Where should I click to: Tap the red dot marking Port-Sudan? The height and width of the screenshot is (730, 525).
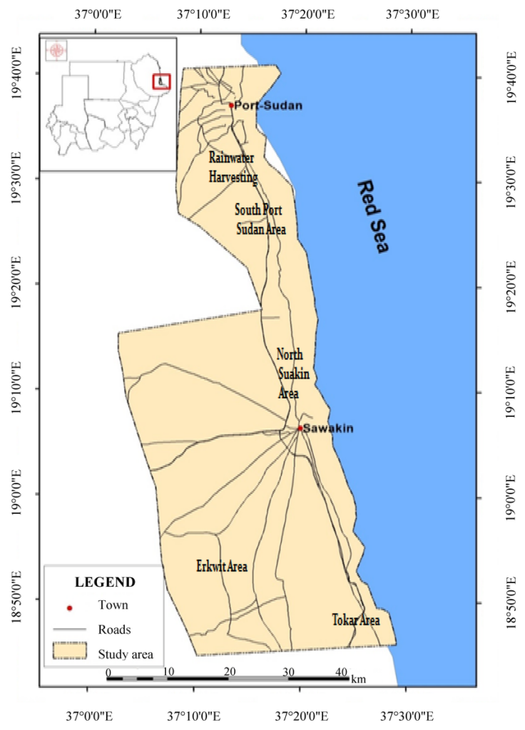[x=231, y=106]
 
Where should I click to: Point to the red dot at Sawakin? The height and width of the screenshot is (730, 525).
[x=300, y=428]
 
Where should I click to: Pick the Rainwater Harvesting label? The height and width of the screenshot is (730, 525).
[x=233, y=166]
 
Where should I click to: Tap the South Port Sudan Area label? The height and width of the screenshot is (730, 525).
[x=260, y=220]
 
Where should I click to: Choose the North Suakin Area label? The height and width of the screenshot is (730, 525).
[x=289, y=374]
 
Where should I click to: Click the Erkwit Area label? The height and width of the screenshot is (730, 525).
[x=222, y=567]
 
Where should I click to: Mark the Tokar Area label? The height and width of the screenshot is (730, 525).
[x=356, y=620]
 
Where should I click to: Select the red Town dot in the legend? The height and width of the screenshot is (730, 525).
[x=69, y=608]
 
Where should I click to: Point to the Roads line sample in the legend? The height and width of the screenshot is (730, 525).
[x=69, y=629]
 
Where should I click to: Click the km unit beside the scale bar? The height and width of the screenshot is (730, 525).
[x=358, y=679]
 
